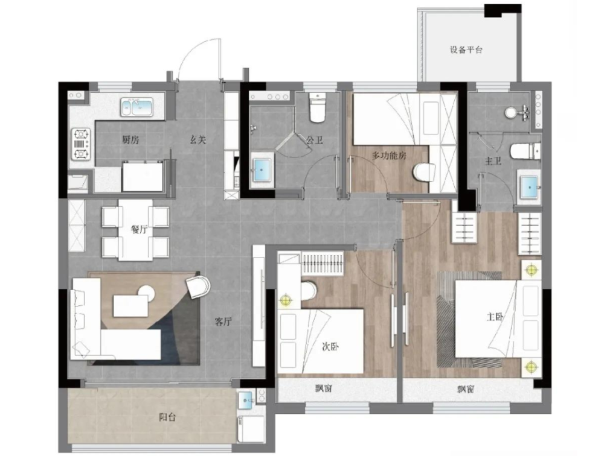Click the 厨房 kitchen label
[x=130, y=140]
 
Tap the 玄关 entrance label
[x=198, y=140]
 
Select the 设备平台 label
[x=466, y=50]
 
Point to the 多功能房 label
[x=389, y=156]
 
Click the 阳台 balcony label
[x=167, y=417]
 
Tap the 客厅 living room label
[x=223, y=321]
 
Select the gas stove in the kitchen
[x=82, y=144]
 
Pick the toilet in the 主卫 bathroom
[x=525, y=151]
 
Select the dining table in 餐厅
[x=135, y=230]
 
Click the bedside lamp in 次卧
[x=286, y=299]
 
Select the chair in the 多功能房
[x=423, y=172]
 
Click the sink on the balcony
[x=246, y=401]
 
